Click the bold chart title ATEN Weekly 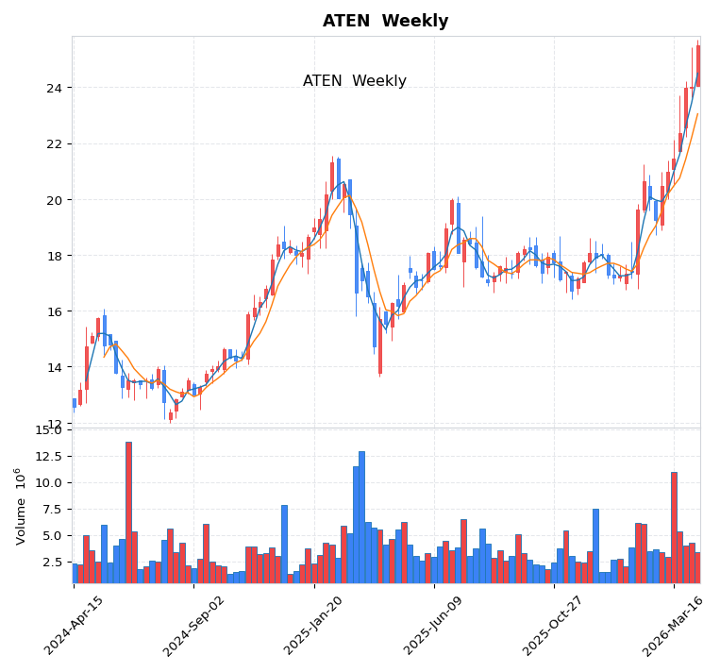click(x=385, y=22)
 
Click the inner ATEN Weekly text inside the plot click(x=354, y=81)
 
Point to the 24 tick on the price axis click(x=53, y=89)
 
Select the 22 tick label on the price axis click(x=53, y=144)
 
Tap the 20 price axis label click(x=53, y=200)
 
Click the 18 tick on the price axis click(x=53, y=256)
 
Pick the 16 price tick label click(x=53, y=311)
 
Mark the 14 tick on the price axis click(x=53, y=368)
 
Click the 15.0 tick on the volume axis click(x=48, y=430)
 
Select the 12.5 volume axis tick click(x=48, y=456)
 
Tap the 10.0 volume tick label click(x=48, y=482)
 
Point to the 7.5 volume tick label click(x=52, y=509)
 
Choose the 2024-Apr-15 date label click(x=74, y=626)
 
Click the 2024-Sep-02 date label click(x=193, y=626)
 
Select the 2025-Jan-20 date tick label click(x=313, y=626)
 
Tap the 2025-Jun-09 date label click(x=433, y=626)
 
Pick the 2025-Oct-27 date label click(x=553, y=626)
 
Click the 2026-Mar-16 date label click(x=674, y=626)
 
